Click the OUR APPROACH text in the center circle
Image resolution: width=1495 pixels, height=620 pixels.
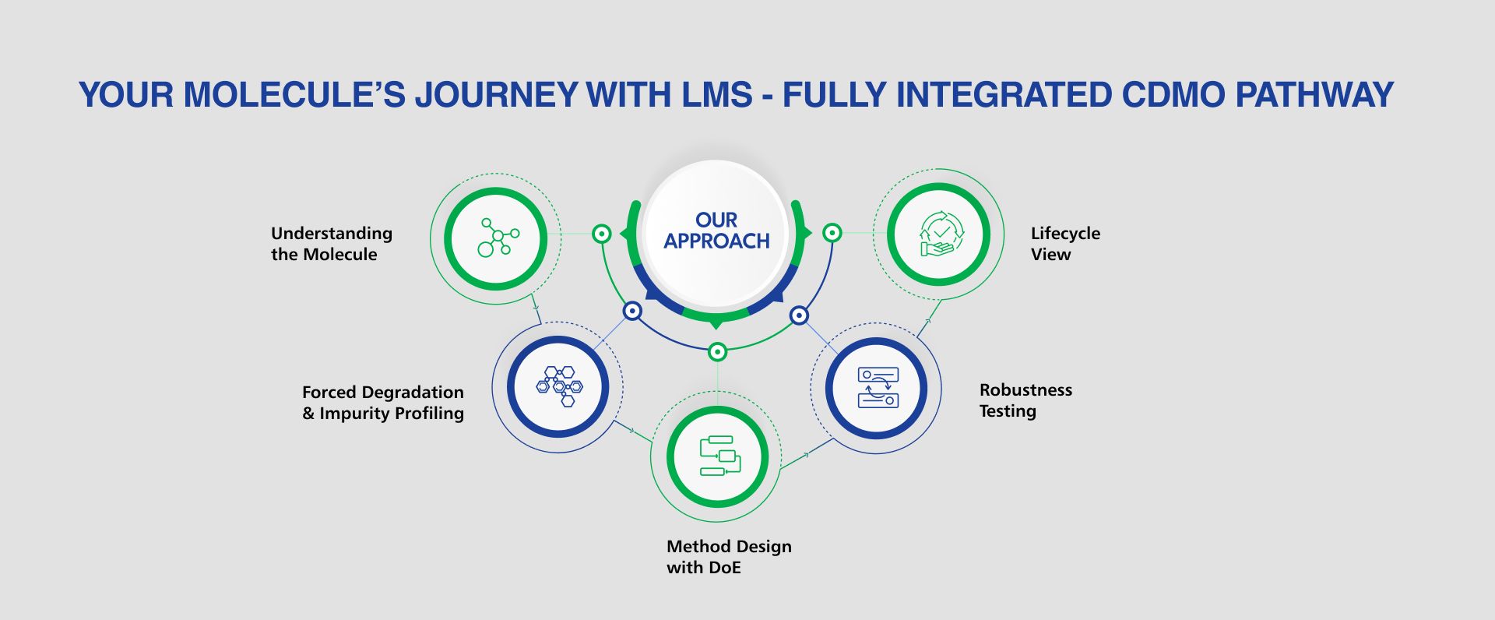click(x=716, y=231)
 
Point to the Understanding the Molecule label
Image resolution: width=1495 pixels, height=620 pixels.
click(x=332, y=244)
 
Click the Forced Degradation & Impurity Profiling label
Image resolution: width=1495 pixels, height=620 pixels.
click(x=383, y=403)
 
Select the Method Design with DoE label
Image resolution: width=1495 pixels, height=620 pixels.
click(x=729, y=557)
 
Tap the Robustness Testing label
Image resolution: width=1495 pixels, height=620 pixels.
click(x=1025, y=400)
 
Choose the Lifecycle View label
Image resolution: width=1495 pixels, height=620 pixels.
click(x=1065, y=244)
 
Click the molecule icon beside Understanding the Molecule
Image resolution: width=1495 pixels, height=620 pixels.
click(x=497, y=238)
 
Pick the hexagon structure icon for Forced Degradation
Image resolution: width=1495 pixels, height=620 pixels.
click(x=559, y=386)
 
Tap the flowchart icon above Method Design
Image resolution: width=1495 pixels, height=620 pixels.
click(x=718, y=456)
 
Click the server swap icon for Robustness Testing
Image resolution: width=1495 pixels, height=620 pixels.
click(x=878, y=387)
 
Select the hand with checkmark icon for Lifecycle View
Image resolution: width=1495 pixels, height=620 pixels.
click(x=940, y=234)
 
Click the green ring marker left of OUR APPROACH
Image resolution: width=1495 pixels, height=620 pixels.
click(x=601, y=233)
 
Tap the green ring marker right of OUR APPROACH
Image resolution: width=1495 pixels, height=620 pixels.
click(x=832, y=233)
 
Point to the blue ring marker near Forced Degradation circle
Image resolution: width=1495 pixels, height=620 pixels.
click(x=632, y=312)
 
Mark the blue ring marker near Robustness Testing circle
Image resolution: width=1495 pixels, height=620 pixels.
click(x=799, y=315)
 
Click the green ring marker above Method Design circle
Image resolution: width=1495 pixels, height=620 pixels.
click(x=717, y=352)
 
